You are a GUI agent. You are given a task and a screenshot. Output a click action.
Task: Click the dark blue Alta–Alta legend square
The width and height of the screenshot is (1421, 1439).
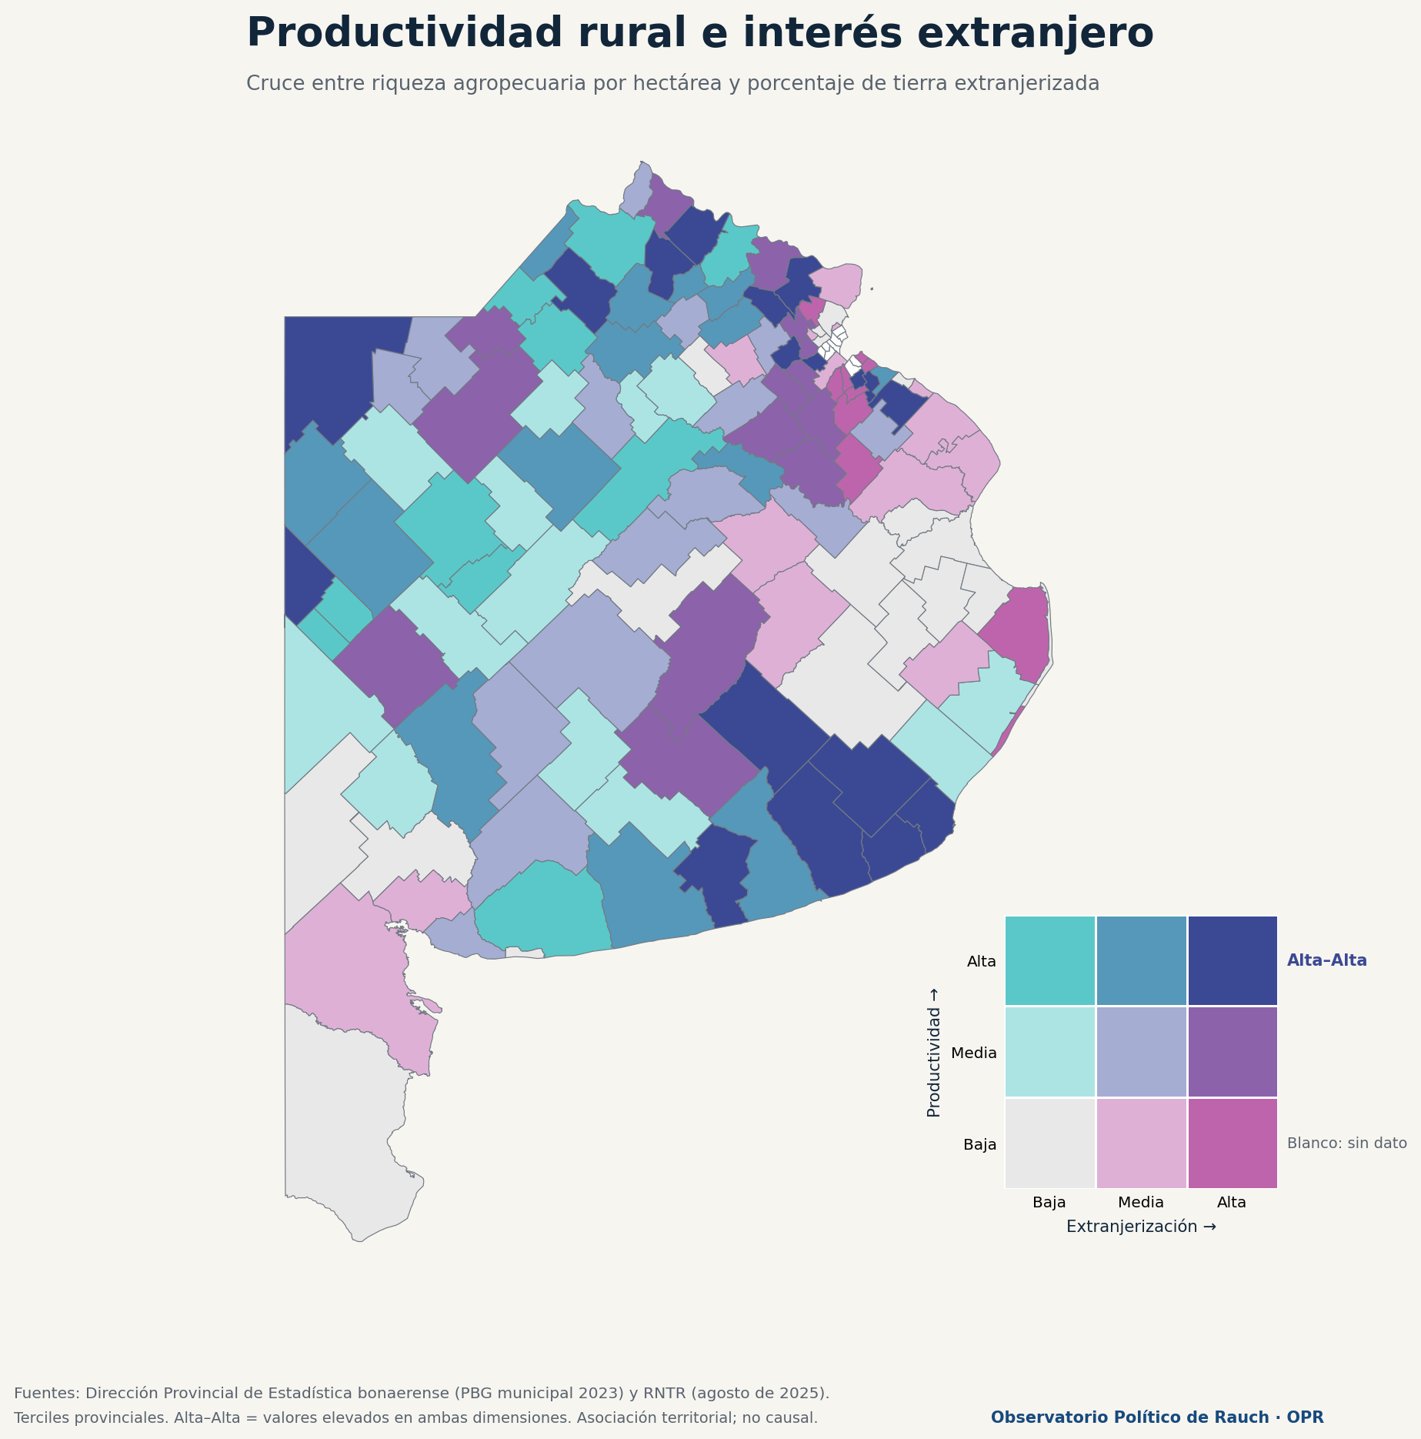[1233, 960]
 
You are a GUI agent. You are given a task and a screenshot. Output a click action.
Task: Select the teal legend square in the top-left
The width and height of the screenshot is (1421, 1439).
[1050, 960]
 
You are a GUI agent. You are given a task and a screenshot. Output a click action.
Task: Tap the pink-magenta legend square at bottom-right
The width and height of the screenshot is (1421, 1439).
[1233, 1144]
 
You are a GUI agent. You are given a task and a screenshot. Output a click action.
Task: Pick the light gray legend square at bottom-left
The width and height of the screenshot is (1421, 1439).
[1050, 1144]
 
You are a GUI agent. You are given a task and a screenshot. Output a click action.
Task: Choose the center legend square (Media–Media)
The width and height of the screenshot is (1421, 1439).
[1141, 1052]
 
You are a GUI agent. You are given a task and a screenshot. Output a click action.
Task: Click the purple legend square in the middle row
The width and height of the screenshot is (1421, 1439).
[1233, 1052]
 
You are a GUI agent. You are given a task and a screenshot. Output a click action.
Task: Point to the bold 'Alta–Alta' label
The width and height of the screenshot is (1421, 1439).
[1327, 960]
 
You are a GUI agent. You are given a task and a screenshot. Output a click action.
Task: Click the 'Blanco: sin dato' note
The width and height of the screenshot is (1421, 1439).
[1347, 1144]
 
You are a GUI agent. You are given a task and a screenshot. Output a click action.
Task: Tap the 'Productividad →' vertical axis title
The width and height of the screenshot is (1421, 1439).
[934, 1052]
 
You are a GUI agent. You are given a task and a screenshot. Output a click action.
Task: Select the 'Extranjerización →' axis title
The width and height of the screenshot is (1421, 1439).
[1141, 1227]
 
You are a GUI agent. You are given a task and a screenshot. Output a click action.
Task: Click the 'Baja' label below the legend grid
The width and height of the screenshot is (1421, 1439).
[1049, 1202]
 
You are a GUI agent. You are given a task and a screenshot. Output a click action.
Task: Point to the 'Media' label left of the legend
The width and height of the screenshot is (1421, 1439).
[974, 1053]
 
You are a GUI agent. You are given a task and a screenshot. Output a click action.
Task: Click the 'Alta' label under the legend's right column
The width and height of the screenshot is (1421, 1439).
[1232, 1202]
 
